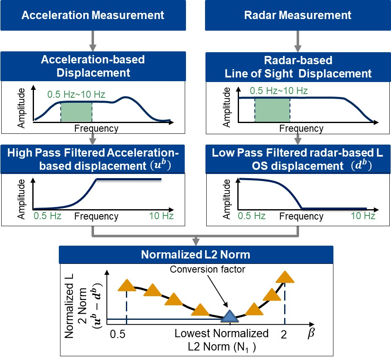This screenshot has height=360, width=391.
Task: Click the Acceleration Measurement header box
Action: [92, 16]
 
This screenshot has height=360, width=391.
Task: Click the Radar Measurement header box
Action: [298, 16]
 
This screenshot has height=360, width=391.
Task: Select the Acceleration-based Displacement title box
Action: [92, 66]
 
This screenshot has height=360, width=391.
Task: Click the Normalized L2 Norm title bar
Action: [196, 254]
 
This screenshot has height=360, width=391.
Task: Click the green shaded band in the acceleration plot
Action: [76, 111]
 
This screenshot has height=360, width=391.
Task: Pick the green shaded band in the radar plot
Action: [272, 110]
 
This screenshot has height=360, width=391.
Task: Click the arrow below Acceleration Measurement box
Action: [92, 41]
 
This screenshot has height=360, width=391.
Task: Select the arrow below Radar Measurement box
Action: [298, 41]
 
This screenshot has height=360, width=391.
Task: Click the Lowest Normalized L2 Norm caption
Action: [221, 339]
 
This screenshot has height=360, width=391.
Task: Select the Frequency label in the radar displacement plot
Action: [301, 129]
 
